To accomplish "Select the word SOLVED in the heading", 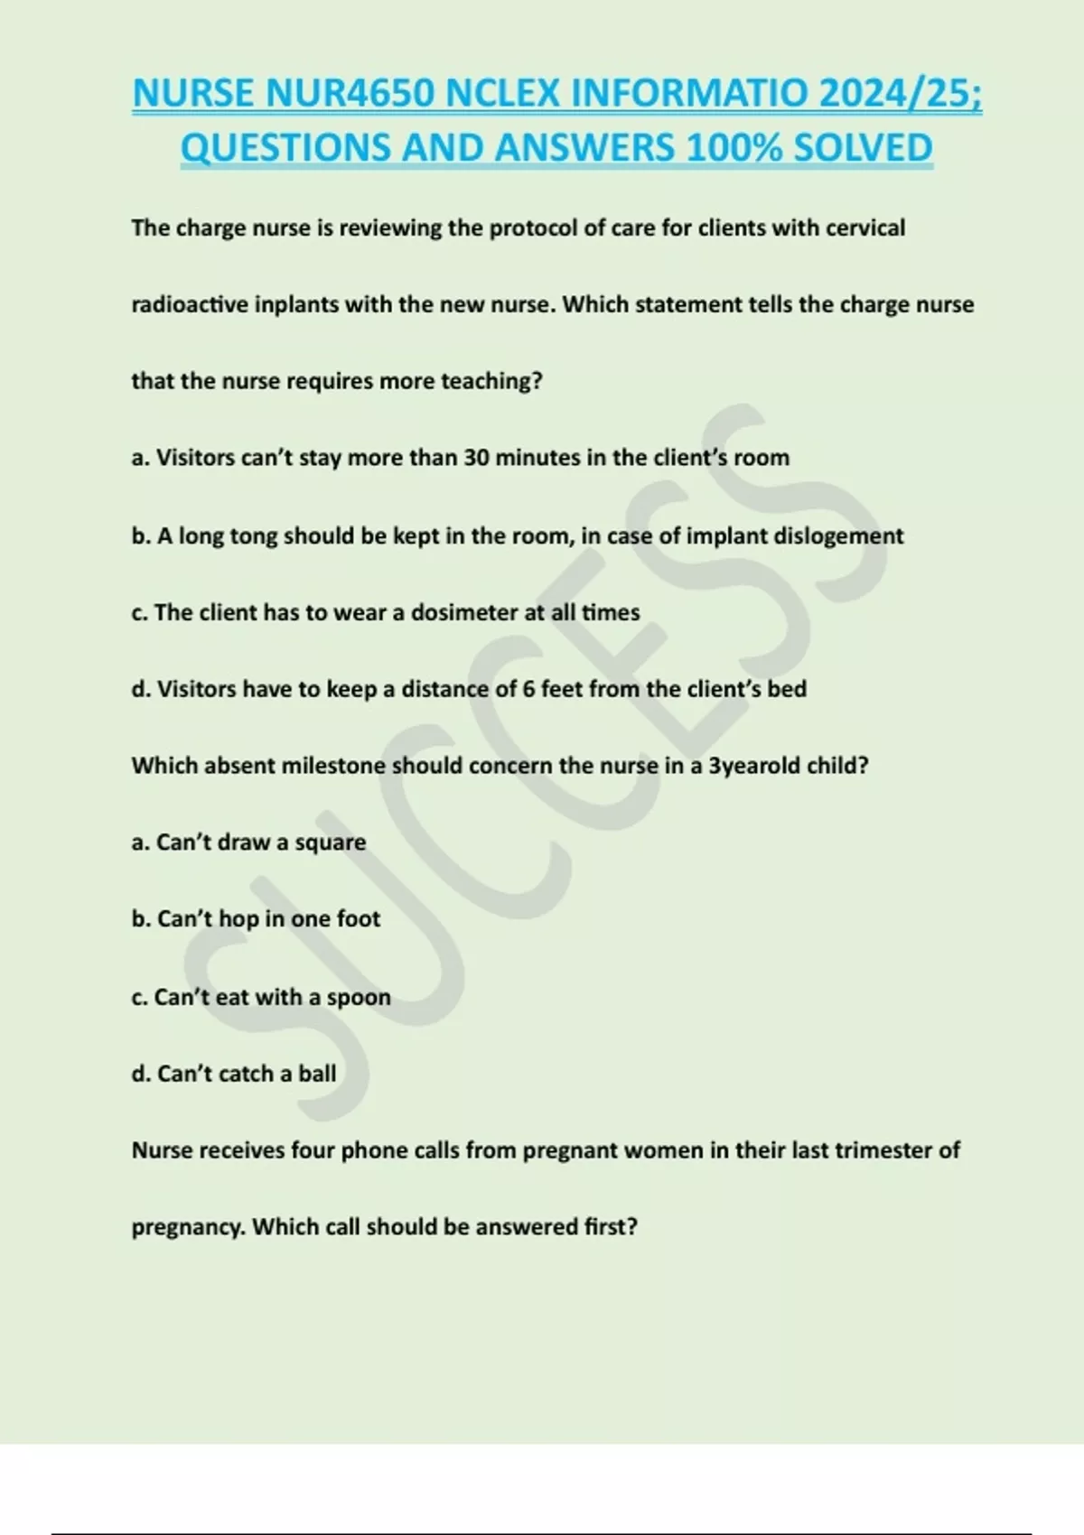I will click(x=862, y=148).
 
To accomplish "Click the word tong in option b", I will click(x=254, y=536).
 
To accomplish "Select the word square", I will click(x=331, y=842).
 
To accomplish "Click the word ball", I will click(x=317, y=1074).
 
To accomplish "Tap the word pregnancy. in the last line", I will click(x=188, y=1227).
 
